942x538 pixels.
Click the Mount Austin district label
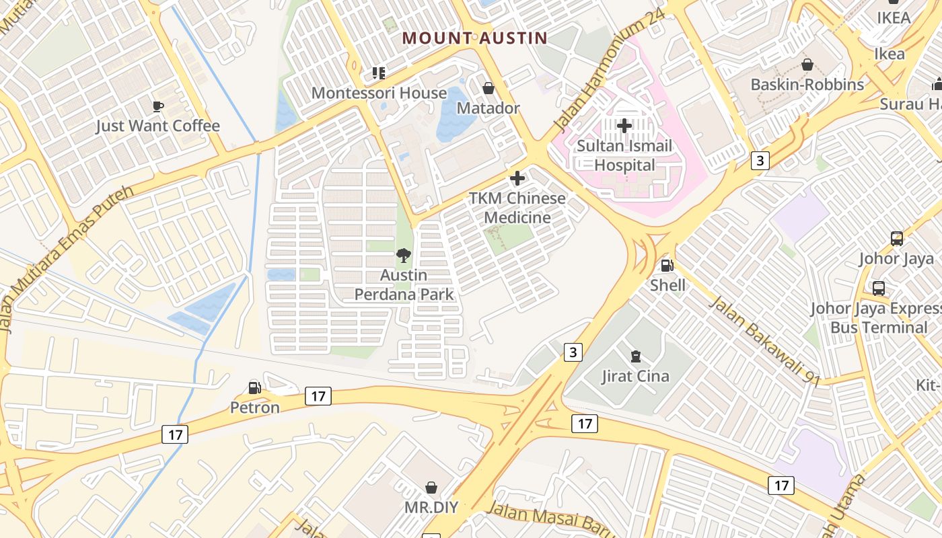tap(475, 38)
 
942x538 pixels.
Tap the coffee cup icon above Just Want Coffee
tap(157, 106)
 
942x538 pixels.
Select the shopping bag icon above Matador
tap(488, 88)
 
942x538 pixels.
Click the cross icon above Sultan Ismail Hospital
tap(624, 125)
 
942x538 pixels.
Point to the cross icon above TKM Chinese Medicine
tap(517, 178)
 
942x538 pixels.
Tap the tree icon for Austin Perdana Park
tap(404, 255)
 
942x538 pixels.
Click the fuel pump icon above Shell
tap(667, 266)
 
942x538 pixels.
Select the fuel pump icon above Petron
tap(254, 387)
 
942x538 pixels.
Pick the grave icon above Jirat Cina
tap(635, 356)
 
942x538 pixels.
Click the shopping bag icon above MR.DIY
tap(431, 487)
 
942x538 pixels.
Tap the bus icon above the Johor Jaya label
tap(896, 238)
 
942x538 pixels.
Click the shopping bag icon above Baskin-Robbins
tap(807, 65)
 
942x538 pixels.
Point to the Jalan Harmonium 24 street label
tap(609, 70)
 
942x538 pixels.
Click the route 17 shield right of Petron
tap(318, 396)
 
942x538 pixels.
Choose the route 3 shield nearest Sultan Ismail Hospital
tap(760, 160)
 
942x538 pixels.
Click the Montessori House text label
tap(379, 93)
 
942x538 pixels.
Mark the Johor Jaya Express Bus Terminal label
tap(878, 318)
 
